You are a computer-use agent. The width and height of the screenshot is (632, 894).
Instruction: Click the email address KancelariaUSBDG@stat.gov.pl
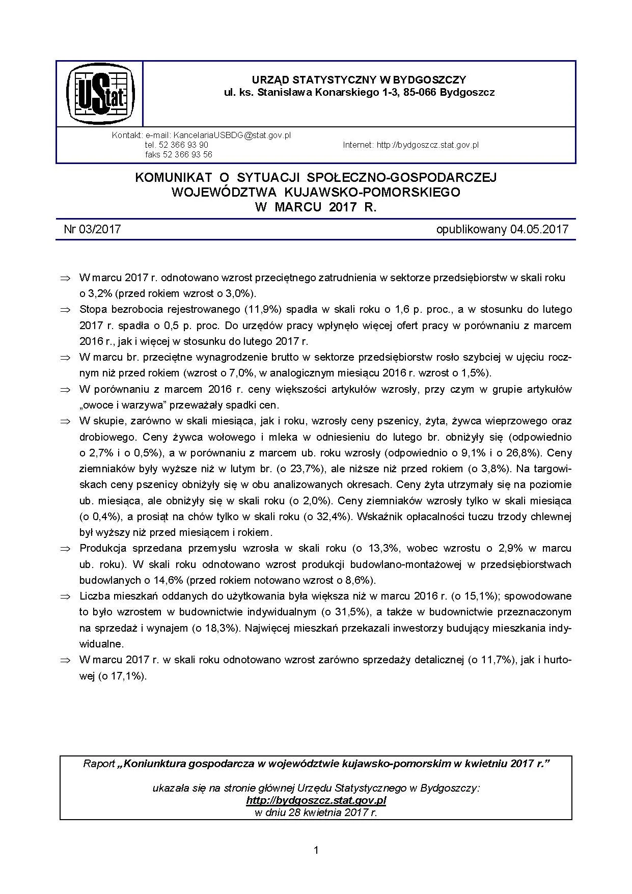(232, 136)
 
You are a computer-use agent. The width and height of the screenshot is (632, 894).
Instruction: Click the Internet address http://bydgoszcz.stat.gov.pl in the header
(427, 145)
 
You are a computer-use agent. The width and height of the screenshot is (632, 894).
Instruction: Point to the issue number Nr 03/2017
(92, 229)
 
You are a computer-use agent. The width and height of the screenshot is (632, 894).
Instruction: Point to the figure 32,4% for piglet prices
(329, 517)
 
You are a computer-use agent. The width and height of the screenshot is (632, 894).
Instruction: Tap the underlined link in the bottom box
(316, 800)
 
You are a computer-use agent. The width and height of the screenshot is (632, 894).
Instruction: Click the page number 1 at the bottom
(316, 850)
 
